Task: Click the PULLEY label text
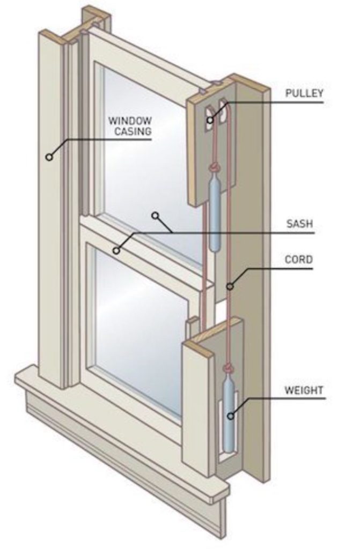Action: (304, 93)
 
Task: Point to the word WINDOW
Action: (130, 120)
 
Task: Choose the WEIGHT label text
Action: (304, 390)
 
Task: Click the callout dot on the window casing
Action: (49, 157)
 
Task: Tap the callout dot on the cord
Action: (230, 287)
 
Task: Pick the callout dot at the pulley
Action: (210, 121)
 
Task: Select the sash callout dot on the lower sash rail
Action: (116, 250)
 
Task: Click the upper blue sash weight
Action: (215, 214)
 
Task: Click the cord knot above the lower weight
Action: (229, 368)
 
